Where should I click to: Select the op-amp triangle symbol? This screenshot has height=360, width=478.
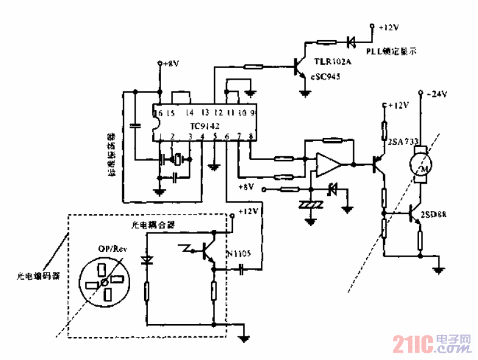(x=327, y=165)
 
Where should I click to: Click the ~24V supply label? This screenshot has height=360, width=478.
(x=437, y=94)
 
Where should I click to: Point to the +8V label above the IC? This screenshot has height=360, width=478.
(x=170, y=63)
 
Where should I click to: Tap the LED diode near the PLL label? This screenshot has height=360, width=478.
(x=351, y=42)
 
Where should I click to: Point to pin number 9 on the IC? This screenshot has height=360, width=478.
(x=252, y=113)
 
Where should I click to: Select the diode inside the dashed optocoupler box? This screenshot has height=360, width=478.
(x=146, y=260)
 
